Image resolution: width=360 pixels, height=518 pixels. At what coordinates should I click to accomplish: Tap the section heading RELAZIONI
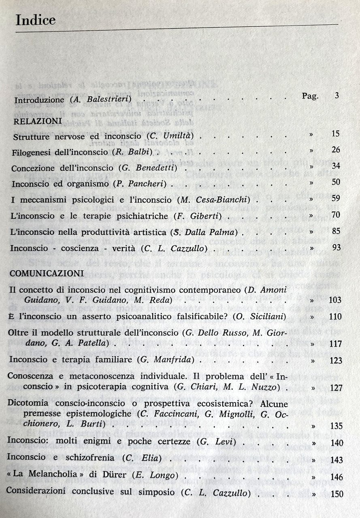(37, 121)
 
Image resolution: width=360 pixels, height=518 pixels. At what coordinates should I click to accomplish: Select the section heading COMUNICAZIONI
(47, 274)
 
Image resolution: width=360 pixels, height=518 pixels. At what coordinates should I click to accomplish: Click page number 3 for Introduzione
(337, 96)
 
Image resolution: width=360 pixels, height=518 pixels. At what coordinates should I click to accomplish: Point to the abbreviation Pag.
(310, 96)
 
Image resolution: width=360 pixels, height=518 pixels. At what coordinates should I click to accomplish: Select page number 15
(335, 134)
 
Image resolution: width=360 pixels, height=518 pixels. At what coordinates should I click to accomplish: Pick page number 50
(336, 182)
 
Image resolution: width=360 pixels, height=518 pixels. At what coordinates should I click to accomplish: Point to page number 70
(336, 214)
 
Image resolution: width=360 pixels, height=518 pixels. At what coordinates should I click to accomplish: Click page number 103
(336, 300)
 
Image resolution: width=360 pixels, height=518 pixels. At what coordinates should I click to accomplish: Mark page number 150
(337, 494)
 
